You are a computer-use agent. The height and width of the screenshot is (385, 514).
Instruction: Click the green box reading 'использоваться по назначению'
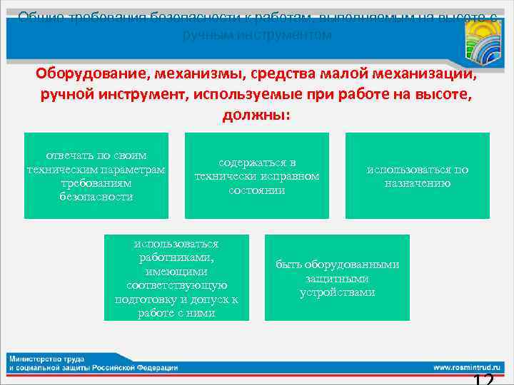[x=418, y=175]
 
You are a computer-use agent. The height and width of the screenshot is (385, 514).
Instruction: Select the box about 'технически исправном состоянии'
[x=257, y=175]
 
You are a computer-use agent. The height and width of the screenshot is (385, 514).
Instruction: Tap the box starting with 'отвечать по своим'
[x=96, y=175]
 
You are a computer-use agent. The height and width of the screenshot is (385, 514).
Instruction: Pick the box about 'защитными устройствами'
[x=337, y=277]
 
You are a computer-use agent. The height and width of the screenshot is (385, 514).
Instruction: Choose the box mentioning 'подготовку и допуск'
[x=176, y=277]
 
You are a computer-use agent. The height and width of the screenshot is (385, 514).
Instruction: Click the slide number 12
[x=483, y=379]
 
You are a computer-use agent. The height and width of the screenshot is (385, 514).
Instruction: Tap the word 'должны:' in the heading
[x=256, y=114]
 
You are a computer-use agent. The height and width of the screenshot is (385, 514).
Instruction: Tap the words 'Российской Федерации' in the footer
[x=141, y=367]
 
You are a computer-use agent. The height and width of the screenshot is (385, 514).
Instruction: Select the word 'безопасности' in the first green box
[x=96, y=196]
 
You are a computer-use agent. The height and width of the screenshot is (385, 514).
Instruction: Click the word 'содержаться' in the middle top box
[x=257, y=163]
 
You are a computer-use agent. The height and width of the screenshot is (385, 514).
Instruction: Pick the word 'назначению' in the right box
[x=418, y=183]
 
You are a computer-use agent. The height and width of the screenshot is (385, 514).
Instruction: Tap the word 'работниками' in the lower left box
[x=176, y=257]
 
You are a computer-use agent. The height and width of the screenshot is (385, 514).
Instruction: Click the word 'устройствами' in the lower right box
[x=337, y=292]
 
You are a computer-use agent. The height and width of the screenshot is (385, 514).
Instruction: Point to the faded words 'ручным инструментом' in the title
[x=257, y=34]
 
